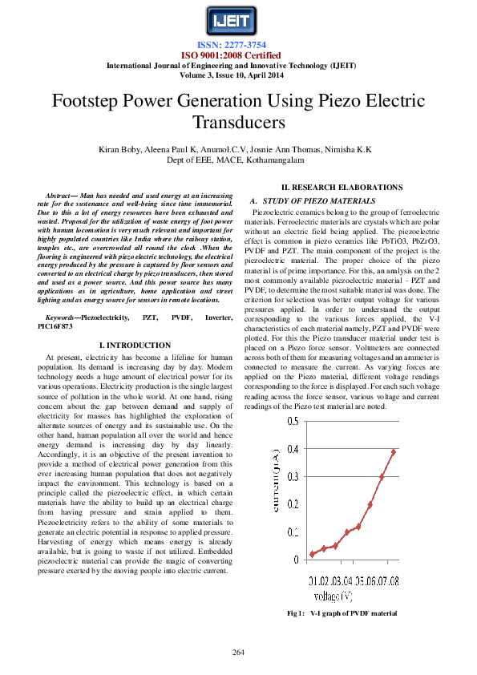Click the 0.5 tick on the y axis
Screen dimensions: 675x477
293,421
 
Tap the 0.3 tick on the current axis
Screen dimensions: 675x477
293,476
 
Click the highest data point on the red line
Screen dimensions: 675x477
394,451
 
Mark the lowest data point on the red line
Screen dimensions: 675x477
312,554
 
